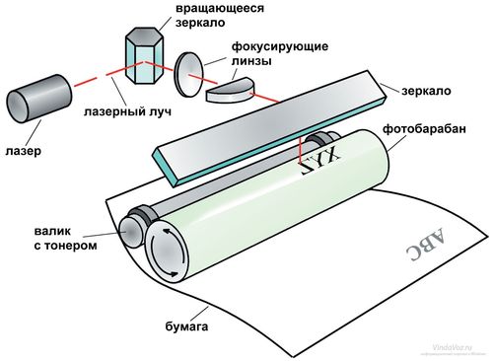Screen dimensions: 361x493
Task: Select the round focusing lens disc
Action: pyautogui.click(x=190, y=73)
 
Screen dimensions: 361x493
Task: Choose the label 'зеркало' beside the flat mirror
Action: pyautogui.click(x=426, y=91)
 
